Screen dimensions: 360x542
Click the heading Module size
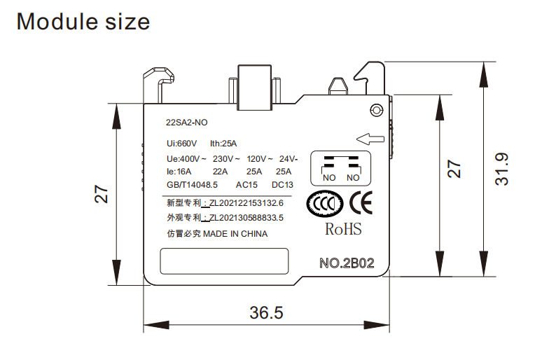(x=83, y=21)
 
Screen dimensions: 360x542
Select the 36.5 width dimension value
(x=266, y=313)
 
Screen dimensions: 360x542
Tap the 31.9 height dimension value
(x=501, y=169)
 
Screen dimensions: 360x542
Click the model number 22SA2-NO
(x=187, y=123)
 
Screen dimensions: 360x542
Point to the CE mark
(x=361, y=202)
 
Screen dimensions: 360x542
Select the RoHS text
(x=343, y=229)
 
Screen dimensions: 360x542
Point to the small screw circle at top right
(x=377, y=110)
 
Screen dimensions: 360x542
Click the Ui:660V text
(x=182, y=144)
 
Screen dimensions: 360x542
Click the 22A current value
(x=221, y=172)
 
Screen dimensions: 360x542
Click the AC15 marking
(x=247, y=185)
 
